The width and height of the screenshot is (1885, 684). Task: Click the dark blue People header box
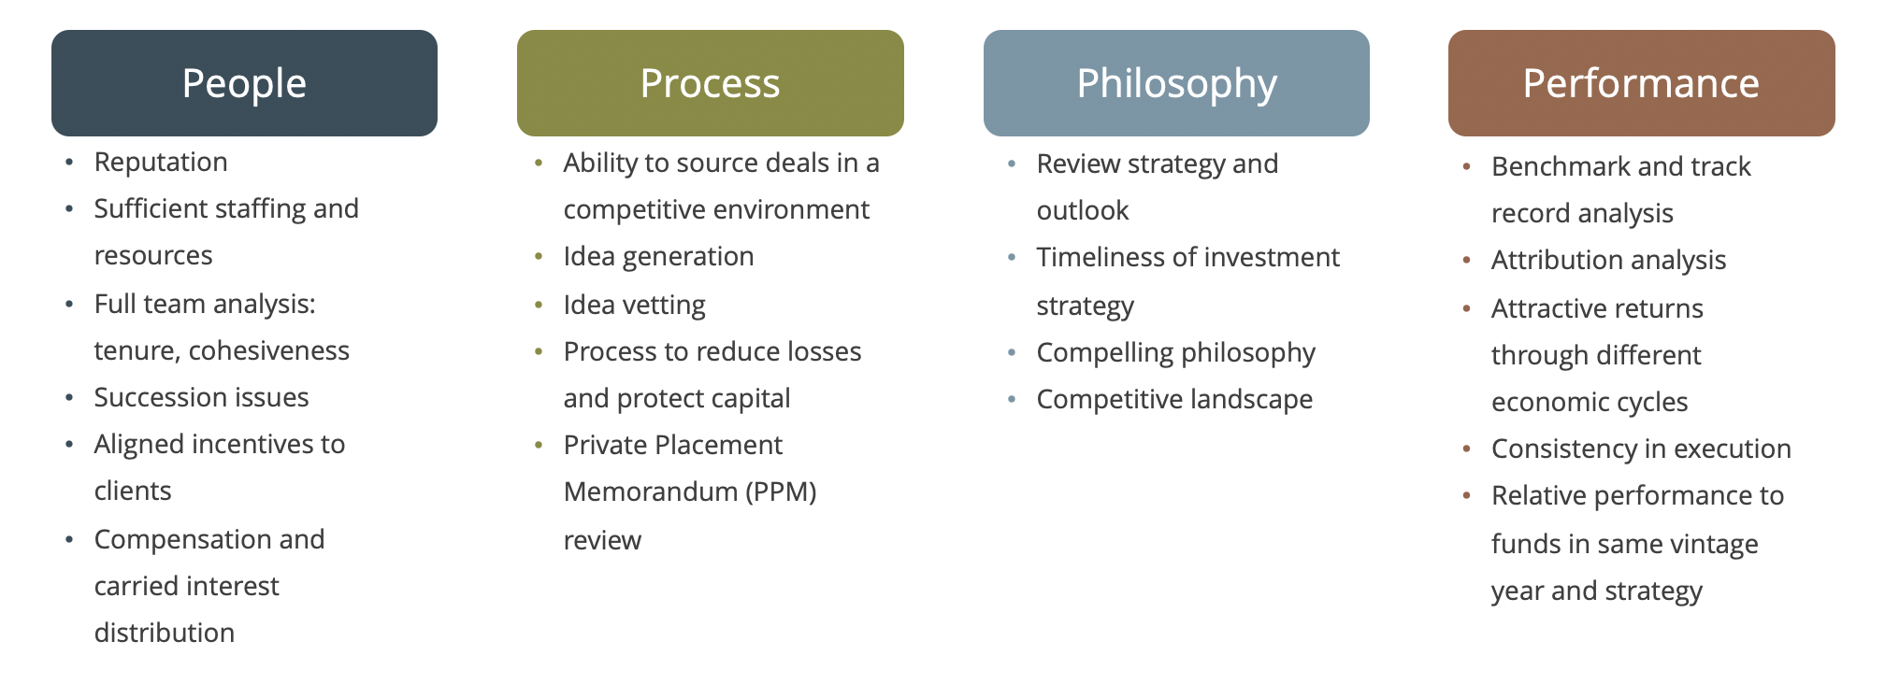tap(244, 83)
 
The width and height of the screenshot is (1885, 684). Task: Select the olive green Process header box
tap(711, 83)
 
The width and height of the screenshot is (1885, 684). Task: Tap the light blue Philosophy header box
tap(1176, 83)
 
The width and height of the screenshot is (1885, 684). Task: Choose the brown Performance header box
tap(1642, 83)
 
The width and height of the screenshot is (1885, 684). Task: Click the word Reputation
tap(161, 163)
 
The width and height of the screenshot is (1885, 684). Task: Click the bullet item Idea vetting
tap(635, 306)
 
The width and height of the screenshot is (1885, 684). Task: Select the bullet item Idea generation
tap(659, 257)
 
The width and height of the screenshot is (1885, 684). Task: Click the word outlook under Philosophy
tap(1083, 210)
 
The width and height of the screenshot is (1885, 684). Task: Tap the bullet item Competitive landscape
tap(1175, 400)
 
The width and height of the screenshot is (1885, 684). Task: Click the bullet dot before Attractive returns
tap(1467, 308)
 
